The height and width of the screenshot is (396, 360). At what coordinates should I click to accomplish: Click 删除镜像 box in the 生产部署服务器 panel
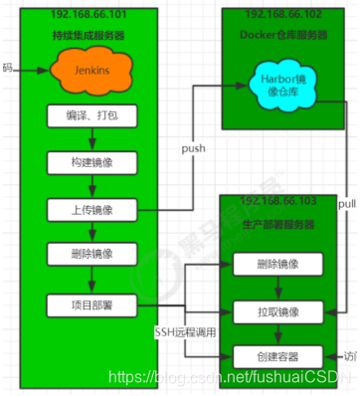coord(277,266)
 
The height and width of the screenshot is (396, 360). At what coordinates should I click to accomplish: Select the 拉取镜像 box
coord(277,311)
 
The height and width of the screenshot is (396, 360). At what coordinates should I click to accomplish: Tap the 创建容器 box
coord(277,356)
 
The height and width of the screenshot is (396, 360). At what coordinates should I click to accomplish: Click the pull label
coord(347,204)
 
